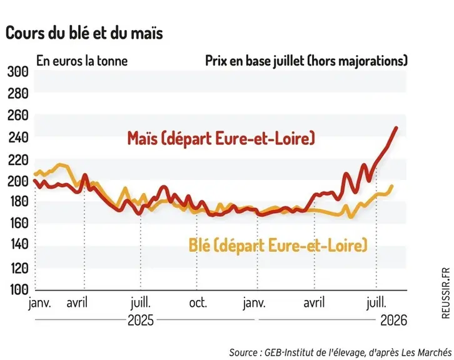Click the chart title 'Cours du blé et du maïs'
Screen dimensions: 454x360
pos(84,33)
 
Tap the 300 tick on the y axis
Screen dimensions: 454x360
pos(18,72)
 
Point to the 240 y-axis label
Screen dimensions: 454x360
pos(18,137)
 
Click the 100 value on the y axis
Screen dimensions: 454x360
pos(19,289)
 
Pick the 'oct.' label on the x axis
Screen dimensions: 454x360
pos(198,303)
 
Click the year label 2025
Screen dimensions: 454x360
pos(141,321)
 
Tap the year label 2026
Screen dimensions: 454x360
pos(393,321)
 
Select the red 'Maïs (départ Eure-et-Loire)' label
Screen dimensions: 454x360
pos(221,138)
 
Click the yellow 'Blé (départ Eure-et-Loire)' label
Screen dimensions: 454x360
pos(278,245)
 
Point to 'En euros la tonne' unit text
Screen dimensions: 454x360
pos(82,61)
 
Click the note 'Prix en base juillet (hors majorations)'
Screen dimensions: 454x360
pos(306,61)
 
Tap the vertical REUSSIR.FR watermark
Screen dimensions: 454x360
pos(446,293)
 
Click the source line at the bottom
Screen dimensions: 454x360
pos(340,352)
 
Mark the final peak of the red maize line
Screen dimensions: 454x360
pos(396,127)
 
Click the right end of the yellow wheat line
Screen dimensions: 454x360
pos(392,186)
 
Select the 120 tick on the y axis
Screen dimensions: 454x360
pos(19,268)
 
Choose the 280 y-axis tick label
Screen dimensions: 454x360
pos(18,93)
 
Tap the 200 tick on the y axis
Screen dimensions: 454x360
pos(18,181)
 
